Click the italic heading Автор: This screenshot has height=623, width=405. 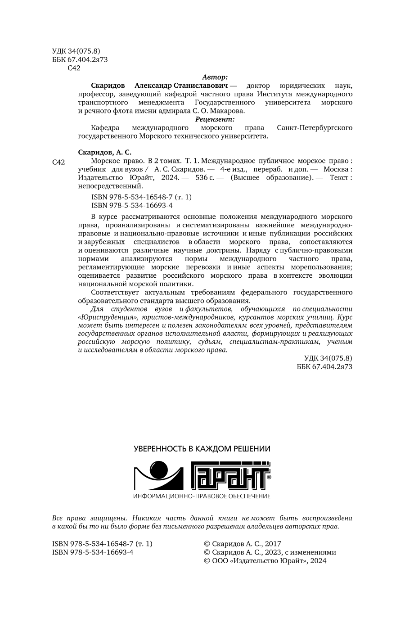pyautogui.click(x=215, y=77)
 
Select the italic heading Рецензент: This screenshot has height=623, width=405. pyautogui.click(x=215, y=119)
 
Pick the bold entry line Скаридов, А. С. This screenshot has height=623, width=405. pyautogui.click(x=104, y=152)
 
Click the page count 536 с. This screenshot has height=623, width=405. pyautogui.click(x=205, y=178)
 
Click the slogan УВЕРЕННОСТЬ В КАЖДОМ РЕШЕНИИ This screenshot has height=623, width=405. pyautogui.click(x=202, y=449)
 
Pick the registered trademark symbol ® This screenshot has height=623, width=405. pyautogui.click(x=269, y=476)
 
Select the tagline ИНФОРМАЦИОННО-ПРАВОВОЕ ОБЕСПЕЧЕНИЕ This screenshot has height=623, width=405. pyautogui.click(x=202, y=496)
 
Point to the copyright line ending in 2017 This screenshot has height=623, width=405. pyautogui.click(x=243, y=544)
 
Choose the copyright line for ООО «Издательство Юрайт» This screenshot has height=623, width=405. pyautogui.click(x=265, y=561)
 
